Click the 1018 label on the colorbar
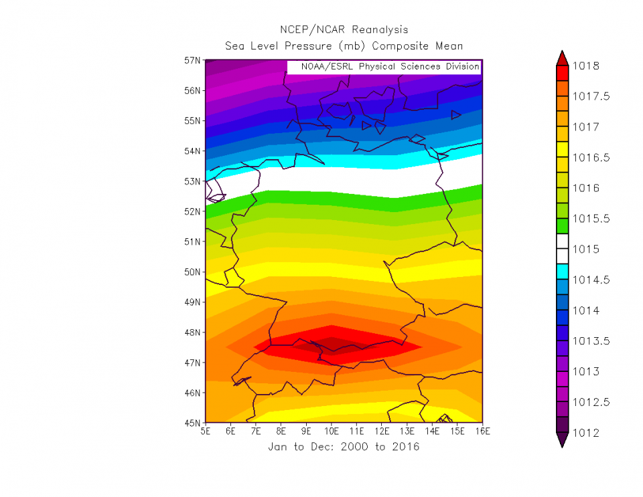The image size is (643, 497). coord(586,66)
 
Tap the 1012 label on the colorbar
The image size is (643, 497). coord(586,433)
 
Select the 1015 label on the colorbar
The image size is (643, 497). coord(586,250)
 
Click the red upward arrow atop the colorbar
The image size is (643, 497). coord(561,58)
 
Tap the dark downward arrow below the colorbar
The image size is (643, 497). coord(561,440)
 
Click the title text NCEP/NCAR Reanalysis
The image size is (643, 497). coord(344,30)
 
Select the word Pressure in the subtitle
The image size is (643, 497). coord(304,46)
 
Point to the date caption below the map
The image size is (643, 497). coord(344,447)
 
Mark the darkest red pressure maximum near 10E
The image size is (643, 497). coord(333,345)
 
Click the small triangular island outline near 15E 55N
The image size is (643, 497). coord(455,115)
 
